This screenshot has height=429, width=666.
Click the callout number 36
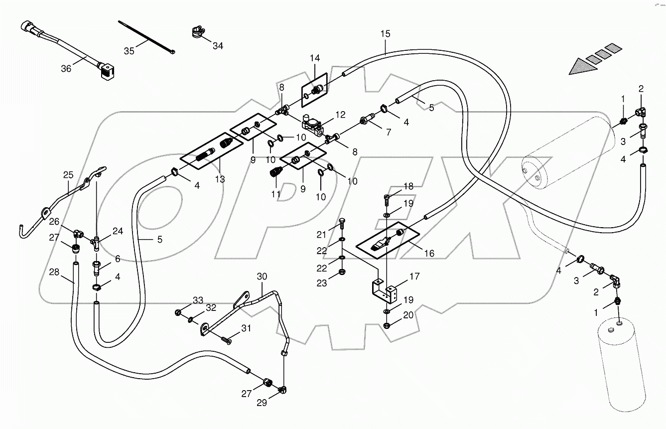66,69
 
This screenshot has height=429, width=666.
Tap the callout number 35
129,50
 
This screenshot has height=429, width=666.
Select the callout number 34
218,46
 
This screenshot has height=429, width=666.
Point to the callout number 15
385,34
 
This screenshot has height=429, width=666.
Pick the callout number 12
340,115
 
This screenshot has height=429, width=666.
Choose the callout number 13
220,179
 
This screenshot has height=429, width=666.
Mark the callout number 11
275,193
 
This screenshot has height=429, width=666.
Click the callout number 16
429,254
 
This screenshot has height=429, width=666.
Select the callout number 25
68,175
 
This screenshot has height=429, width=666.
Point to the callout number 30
262,277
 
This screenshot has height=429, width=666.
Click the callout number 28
54,272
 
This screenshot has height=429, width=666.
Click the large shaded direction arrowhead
582,66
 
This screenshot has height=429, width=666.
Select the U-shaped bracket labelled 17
385,292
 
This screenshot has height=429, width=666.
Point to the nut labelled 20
387,326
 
